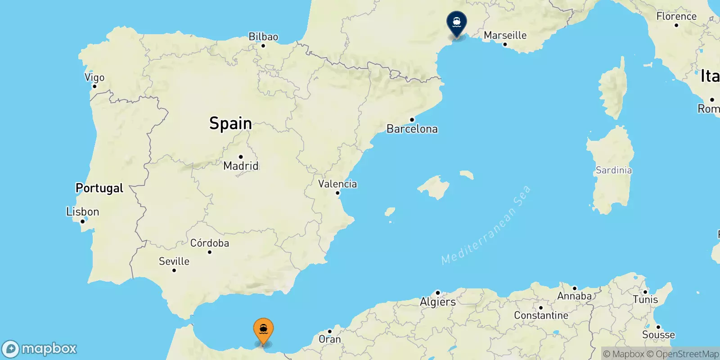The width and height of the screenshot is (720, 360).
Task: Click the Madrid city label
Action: (x=241, y=166)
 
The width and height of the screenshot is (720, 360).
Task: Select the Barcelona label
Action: (x=412, y=129)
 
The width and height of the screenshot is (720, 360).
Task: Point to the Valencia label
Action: (x=337, y=184)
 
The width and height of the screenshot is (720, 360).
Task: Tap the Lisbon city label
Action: (x=82, y=211)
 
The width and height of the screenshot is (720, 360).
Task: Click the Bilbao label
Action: (x=263, y=37)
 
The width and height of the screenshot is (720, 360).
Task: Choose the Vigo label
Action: (x=94, y=77)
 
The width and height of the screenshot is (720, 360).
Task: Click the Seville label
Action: (x=174, y=261)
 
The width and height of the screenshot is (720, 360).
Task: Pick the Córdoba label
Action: (x=210, y=243)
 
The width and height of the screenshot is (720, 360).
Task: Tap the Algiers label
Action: (x=438, y=302)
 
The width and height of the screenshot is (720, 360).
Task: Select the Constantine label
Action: (x=541, y=315)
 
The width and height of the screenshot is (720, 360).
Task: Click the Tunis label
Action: (x=645, y=299)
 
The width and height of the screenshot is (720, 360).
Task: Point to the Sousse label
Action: (x=658, y=335)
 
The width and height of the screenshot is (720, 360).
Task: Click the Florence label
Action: (x=676, y=16)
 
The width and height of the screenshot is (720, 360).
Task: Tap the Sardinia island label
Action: (x=614, y=170)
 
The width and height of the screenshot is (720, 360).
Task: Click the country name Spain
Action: (x=230, y=123)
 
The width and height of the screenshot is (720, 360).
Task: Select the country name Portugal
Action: (x=99, y=188)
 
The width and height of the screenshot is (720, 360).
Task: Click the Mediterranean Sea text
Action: (x=486, y=225)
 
